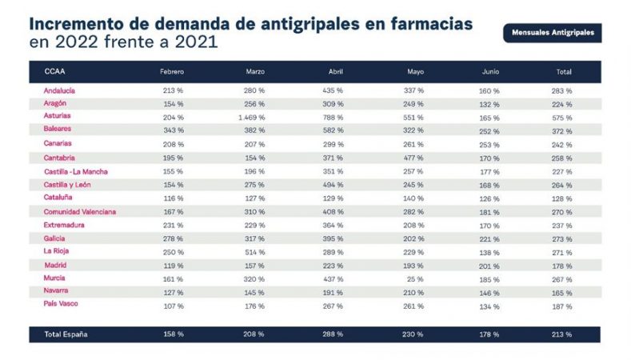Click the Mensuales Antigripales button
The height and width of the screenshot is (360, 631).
tap(552, 34)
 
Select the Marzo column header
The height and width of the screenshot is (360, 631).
tap(255, 72)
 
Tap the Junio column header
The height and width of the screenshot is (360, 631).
tap(490, 72)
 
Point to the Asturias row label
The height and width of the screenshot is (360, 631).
tap(57, 117)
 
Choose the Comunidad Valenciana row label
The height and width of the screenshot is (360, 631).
tap(80, 211)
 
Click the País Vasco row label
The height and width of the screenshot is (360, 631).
tap(62, 304)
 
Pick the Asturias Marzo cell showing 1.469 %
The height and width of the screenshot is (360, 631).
tap(251, 117)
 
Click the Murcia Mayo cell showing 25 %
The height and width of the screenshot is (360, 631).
tap(415, 278)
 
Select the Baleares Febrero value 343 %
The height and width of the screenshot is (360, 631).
tap(173, 130)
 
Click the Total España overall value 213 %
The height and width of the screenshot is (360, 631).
tap(562, 334)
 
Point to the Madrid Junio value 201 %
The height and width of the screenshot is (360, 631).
tap(489, 265)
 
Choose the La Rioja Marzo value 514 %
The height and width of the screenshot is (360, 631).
tap(254, 251)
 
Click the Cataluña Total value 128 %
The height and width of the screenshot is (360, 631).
tap(562, 198)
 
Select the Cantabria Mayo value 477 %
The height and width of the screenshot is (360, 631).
tap(415, 158)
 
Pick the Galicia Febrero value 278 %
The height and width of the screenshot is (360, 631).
tap(173, 238)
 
